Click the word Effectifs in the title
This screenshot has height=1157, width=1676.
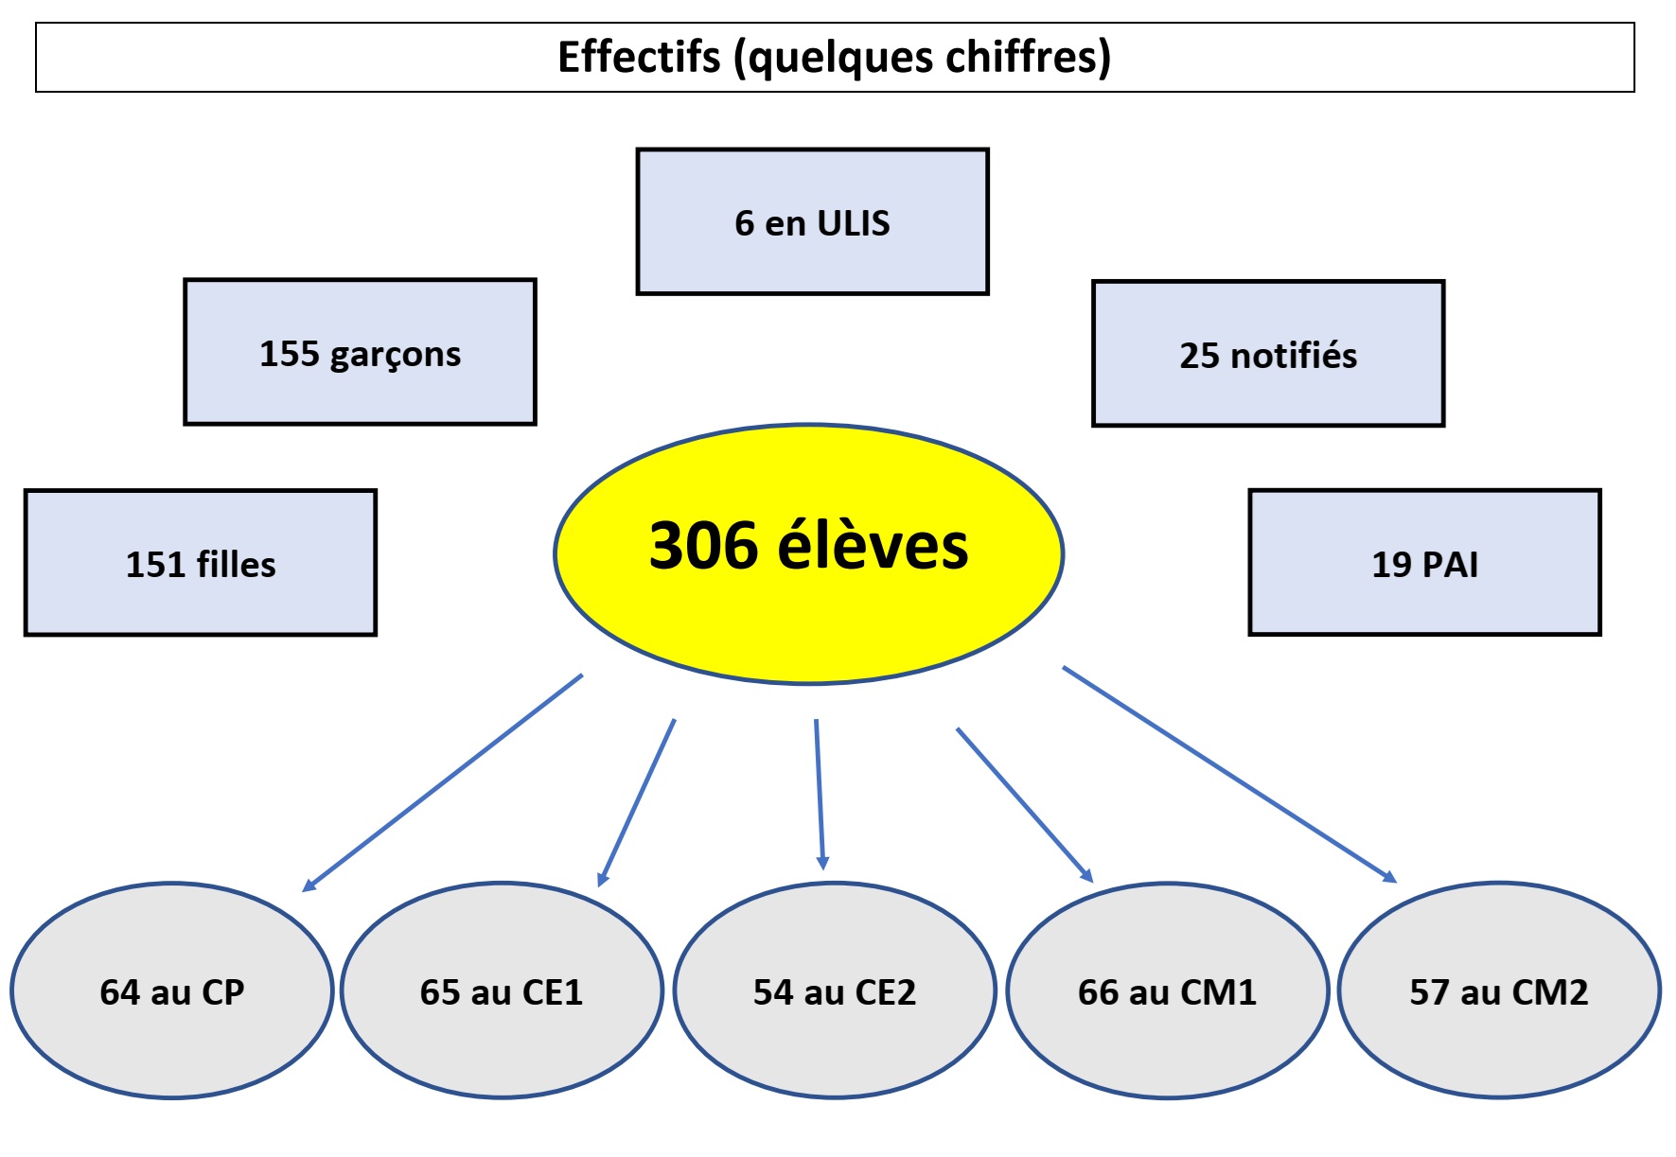point(639,57)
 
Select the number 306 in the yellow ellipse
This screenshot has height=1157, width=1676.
point(703,546)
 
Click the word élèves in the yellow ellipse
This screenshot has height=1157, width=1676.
point(873,546)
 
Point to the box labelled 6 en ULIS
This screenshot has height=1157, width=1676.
point(812,221)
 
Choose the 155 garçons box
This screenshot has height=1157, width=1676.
point(360,352)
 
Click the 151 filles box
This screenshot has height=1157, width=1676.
point(201,563)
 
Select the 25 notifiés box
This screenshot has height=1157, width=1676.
point(1268,354)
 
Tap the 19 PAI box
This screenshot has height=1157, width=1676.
point(1424,563)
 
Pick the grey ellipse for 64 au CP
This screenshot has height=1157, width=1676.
point(172,990)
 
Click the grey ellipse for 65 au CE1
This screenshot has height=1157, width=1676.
point(502,990)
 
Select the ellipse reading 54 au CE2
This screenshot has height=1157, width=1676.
point(835,990)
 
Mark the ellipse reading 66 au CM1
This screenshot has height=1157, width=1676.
point(1168,990)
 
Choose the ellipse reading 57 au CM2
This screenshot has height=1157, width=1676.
point(1499,990)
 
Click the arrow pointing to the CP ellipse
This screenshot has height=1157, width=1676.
point(442,782)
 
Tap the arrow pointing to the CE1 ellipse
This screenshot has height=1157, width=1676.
point(637,802)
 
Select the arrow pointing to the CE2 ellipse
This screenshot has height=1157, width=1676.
point(820,795)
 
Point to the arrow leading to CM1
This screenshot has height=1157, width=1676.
point(1025,805)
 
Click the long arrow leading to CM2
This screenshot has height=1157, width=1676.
point(1229,775)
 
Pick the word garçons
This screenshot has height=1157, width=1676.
point(395,355)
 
